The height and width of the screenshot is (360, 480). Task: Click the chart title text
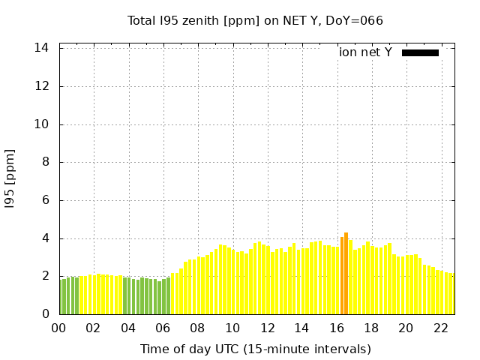pyautogui.click(x=255, y=20)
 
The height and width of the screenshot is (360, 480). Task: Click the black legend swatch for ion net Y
pyautogui.click(x=420, y=52)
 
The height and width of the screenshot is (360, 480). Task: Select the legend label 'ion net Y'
pyautogui.click(x=365, y=52)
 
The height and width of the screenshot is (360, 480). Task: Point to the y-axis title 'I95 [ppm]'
pyautogui.click(x=10, y=178)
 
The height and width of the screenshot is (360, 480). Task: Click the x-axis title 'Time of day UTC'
pyautogui.click(x=255, y=349)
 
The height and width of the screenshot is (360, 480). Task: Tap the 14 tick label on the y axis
pyautogui.click(x=42, y=48)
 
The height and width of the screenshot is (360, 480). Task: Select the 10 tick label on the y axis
pyautogui.click(x=42, y=124)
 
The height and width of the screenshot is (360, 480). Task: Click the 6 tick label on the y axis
pyautogui.click(x=45, y=200)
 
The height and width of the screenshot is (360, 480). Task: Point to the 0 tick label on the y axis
pyautogui.click(x=45, y=314)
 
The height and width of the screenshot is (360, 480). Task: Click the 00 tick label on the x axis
pyautogui.click(x=59, y=328)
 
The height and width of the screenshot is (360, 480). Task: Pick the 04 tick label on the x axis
pyautogui.click(x=128, y=328)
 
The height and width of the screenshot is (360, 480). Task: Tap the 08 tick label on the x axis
pyautogui.click(x=198, y=328)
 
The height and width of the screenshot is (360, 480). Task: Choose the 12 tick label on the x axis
pyautogui.click(x=267, y=328)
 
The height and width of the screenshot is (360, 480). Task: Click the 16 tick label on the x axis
pyautogui.click(x=337, y=328)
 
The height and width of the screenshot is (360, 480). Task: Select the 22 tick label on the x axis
pyautogui.click(x=440, y=328)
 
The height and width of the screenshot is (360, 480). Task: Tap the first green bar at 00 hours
pyautogui.click(x=61, y=297)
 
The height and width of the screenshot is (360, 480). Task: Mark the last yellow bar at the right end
pyautogui.click(x=452, y=294)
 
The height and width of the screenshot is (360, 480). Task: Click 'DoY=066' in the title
pyautogui.click(x=358, y=20)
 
